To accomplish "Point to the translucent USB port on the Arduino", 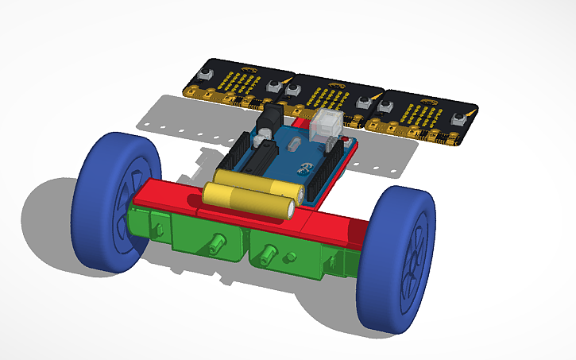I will [x=327, y=126].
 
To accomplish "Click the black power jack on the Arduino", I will [x=269, y=117].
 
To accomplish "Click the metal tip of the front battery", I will [x=291, y=210].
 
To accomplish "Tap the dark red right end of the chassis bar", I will [x=358, y=232].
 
